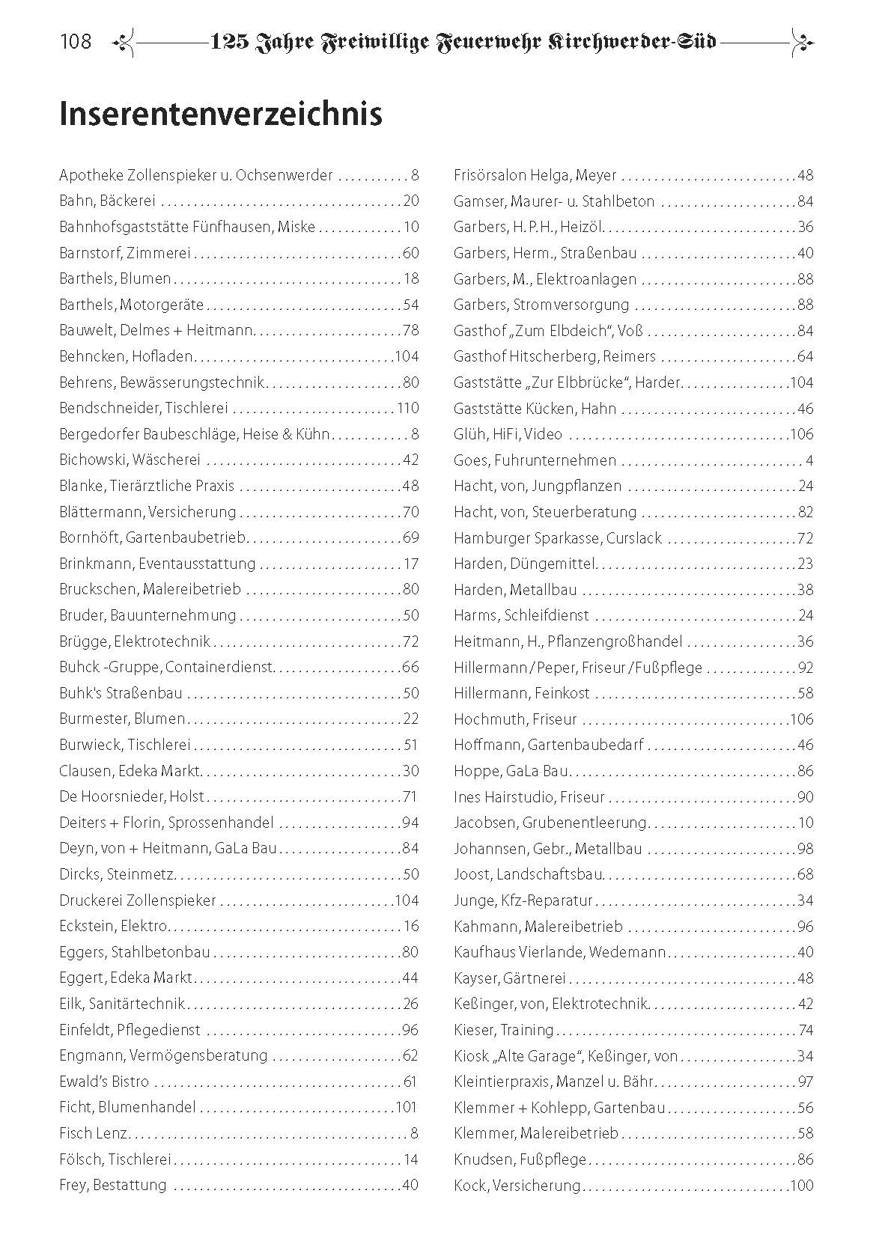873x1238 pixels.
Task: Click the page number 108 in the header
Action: (x=76, y=41)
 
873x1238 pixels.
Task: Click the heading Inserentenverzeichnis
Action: (x=220, y=115)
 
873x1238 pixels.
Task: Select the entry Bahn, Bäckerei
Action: (x=108, y=201)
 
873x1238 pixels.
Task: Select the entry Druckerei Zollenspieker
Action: (x=136, y=900)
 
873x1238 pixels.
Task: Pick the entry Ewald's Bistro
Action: (x=104, y=1082)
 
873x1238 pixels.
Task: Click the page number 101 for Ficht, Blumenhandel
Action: (x=406, y=1108)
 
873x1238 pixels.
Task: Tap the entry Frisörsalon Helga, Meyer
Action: (x=535, y=176)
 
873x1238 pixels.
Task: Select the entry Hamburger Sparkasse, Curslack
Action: (x=557, y=538)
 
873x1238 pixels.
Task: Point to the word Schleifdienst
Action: (x=546, y=616)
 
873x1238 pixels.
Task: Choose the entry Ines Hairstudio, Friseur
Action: (x=529, y=797)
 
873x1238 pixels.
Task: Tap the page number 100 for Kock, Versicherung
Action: (x=800, y=1186)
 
